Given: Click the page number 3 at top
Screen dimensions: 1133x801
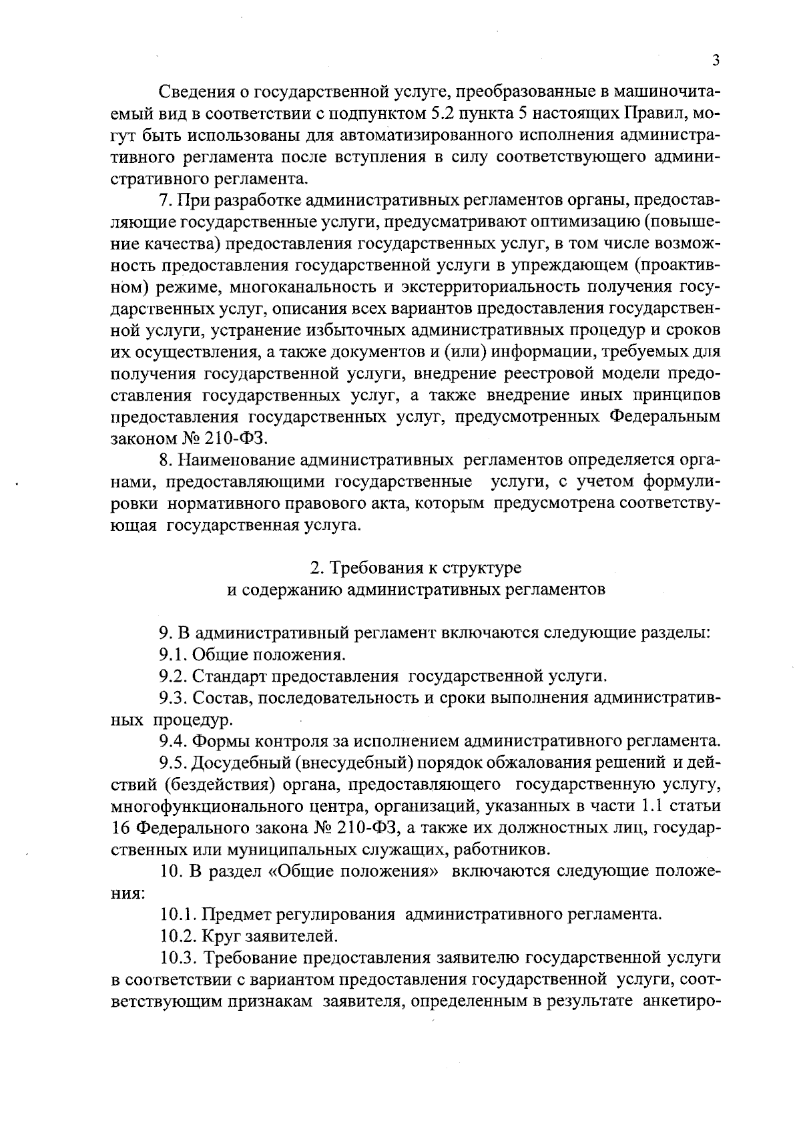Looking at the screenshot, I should pyautogui.click(x=716, y=61).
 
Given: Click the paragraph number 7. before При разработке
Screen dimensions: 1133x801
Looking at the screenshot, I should pyautogui.click(x=166, y=200).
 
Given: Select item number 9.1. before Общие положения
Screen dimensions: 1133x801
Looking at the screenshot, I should pyautogui.click(x=173, y=654).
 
